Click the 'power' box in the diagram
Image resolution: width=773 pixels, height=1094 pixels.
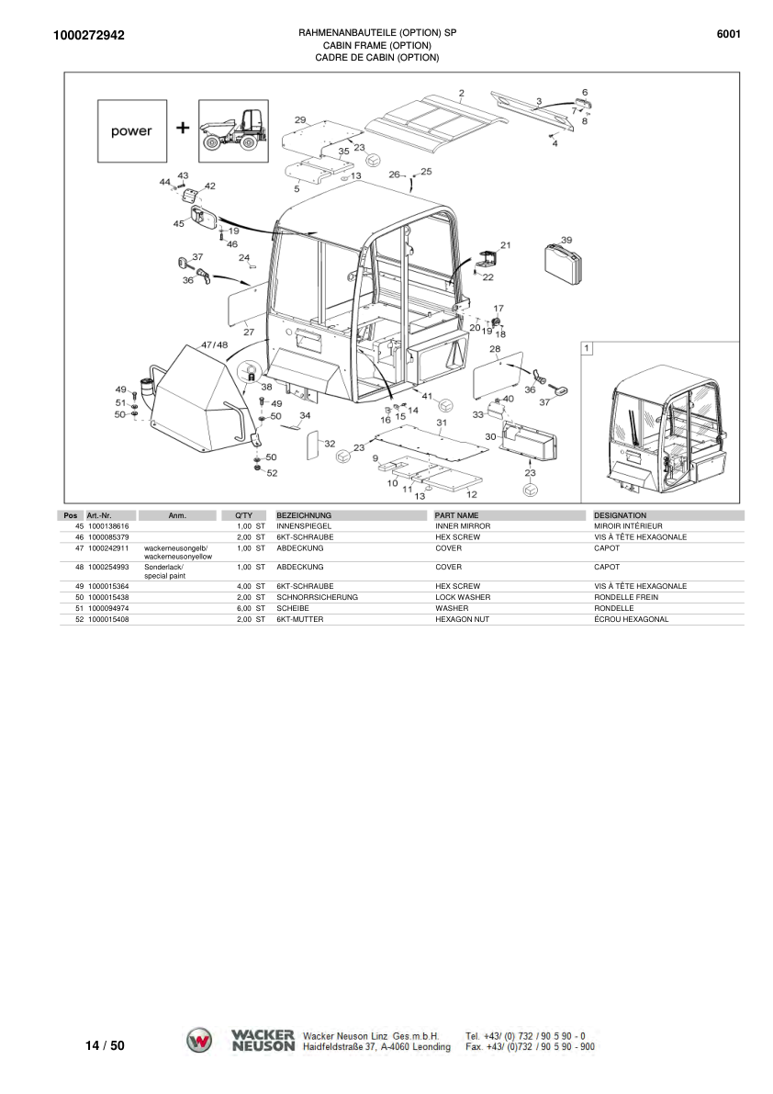coord(132,130)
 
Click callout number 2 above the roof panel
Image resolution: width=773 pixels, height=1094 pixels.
coord(461,93)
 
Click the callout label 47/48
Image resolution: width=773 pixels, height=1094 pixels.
coord(214,344)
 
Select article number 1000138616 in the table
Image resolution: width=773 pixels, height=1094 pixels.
coord(107,525)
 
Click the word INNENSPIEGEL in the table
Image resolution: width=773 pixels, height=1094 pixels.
coord(303,525)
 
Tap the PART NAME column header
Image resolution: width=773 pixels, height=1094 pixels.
coord(457,515)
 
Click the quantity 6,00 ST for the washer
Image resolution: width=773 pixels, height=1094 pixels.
coord(250,608)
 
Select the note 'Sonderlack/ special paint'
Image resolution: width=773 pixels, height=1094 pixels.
coord(164,571)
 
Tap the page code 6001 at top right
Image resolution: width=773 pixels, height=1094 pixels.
coord(728,35)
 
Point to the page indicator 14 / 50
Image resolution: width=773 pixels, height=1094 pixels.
coord(105,1045)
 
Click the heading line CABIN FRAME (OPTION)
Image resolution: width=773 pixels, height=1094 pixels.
coord(376,45)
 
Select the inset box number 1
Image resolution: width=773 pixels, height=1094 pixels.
coord(588,348)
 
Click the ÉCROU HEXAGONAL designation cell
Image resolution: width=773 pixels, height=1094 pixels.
coord(631,619)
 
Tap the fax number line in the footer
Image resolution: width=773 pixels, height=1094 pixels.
coord(530,1046)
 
